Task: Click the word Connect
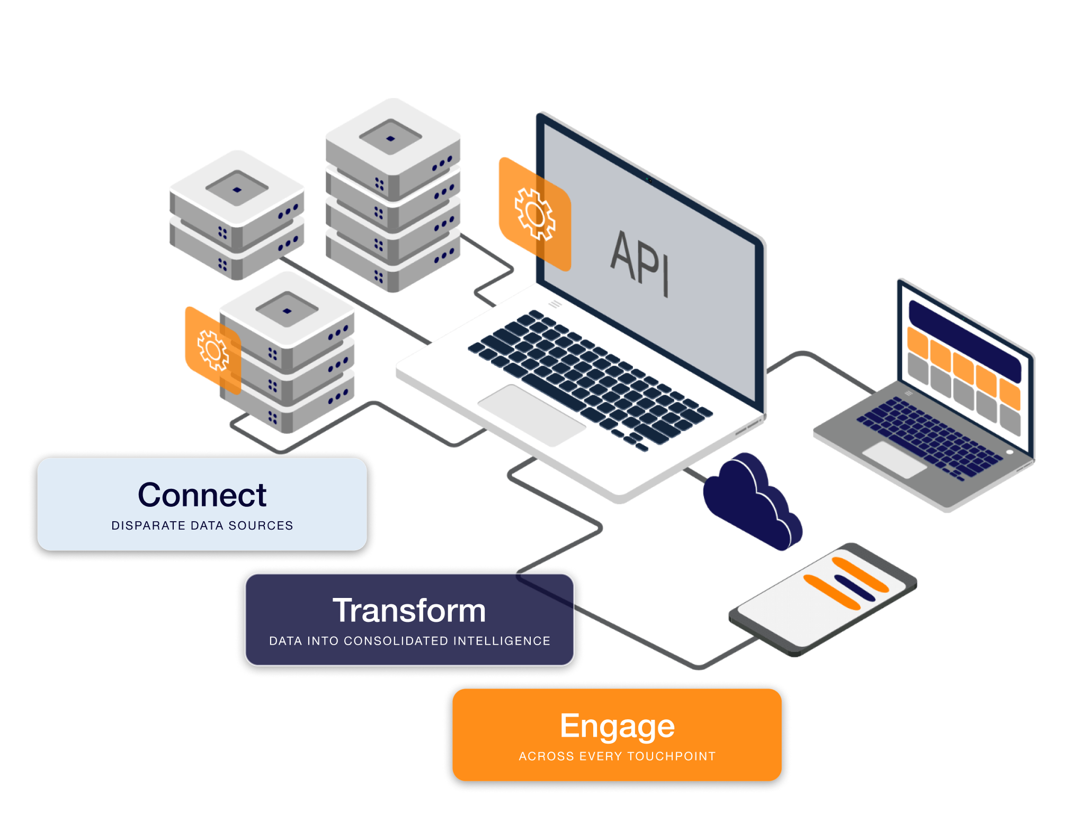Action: click(x=202, y=495)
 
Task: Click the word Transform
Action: click(x=409, y=610)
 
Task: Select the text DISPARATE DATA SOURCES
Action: click(x=202, y=525)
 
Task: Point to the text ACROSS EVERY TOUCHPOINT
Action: click(x=617, y=756)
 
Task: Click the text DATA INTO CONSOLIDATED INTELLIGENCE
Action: click(x=409, y=641)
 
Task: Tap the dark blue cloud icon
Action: click(x=752, y=501)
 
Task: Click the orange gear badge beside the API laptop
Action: click(x=535, y=214)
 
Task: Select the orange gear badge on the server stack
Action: click(x=213, y=350)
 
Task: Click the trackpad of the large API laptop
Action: click(x=532, y=415)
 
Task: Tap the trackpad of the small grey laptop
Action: click(x=895, y=460)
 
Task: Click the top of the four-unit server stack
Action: click(x=392, y=137)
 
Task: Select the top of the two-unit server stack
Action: click(x=237, y=189)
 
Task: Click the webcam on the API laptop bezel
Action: click(x=649, y=180)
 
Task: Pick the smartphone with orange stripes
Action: click(x=823, y=599)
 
